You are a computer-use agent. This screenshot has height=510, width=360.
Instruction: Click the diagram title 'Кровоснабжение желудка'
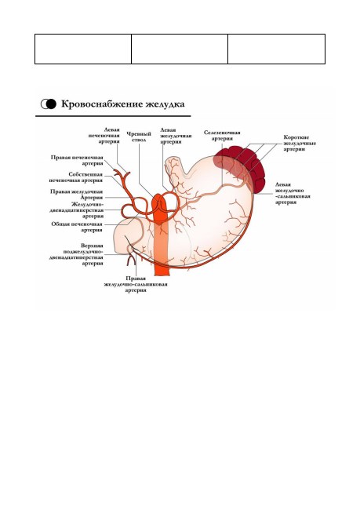click(123, 104)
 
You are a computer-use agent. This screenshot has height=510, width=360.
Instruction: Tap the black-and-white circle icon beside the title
click(49, 104)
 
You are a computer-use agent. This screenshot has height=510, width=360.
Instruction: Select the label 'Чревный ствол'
click(139, 137)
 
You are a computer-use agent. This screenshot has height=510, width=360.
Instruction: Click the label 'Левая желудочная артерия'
click(176, 136)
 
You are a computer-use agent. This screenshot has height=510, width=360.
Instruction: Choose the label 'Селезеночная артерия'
click(222, 135)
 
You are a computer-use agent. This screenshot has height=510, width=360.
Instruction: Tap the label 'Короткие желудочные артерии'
click(300, 143)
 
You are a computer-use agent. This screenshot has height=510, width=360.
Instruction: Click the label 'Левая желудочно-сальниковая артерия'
click(293, 193)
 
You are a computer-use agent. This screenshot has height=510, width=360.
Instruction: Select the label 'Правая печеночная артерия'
click(77, 160)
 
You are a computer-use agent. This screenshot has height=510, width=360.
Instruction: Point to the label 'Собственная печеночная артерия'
click(76, 177)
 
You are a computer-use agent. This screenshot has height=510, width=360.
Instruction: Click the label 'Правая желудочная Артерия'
click(76, 195)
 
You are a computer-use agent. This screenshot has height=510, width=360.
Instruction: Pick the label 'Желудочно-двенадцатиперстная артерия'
click(77, 210)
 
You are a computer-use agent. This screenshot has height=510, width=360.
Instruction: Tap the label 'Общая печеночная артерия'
click(77, 227)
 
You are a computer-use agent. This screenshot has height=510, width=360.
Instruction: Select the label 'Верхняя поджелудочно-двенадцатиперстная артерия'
click(76, 254)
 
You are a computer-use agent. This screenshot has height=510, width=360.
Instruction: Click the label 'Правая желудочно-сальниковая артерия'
click(136, 284)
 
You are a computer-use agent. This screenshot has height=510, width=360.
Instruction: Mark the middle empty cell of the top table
click(180, 49)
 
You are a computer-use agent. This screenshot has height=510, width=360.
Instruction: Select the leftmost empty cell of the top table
click(83, 49)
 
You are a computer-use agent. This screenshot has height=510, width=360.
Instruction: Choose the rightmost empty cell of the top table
click(276, 49)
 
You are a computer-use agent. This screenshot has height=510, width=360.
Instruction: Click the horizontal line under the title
click(113, 116)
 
